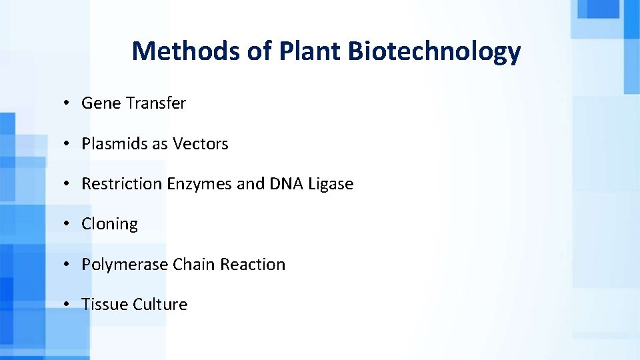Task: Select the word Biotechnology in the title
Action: tap(434, 51)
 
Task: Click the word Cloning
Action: tap(109, 225)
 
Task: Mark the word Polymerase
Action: tap(125, 265)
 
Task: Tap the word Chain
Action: tap(194, 265)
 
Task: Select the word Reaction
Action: tap(253, 265)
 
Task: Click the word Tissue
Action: tap(105, 305)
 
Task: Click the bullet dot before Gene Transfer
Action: tap(67, 104)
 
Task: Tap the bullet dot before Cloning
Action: tap(67, 225)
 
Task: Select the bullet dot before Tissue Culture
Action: tap(67, 305)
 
